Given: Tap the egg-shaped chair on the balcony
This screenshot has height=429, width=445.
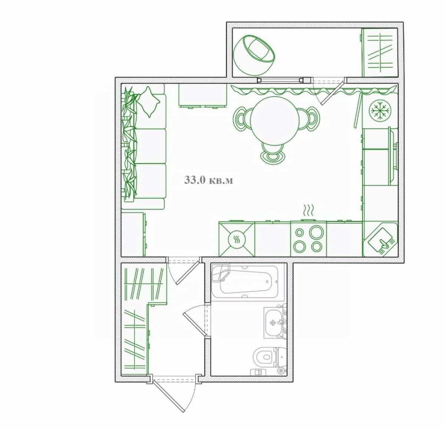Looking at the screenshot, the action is [x=254, y=55].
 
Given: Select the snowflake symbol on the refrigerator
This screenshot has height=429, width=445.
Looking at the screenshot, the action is [x=380, y=111].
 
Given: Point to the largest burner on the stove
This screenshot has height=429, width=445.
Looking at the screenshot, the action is [x=316, y=232].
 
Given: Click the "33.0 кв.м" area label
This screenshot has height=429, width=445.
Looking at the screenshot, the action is [x=208, y=180].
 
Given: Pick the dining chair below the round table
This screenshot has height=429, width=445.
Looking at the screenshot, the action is [x=273, y=153].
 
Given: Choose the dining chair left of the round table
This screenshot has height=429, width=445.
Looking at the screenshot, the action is [x=241, y=118].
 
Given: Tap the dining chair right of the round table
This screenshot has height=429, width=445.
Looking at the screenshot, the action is [x=309, y=118].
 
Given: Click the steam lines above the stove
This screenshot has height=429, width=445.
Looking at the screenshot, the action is [x=308, y=210].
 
